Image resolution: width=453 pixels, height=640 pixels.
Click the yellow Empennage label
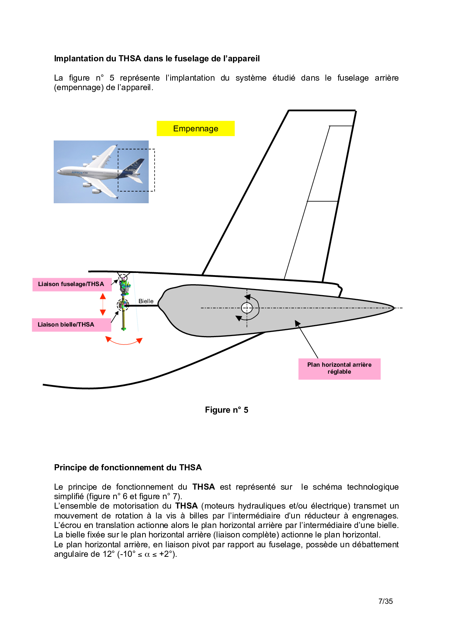tap(195, 128)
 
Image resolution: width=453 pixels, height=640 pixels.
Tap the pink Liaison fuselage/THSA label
tap(71, 284)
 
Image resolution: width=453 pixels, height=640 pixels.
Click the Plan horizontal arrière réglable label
tap(339, 368)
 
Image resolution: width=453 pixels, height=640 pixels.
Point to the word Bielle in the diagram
tap(146, 301)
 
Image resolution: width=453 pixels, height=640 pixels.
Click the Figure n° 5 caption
tap(226, 410)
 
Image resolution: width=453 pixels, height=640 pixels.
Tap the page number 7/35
tap(385, 601)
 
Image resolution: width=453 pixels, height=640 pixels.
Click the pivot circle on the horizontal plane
tap(247, 308)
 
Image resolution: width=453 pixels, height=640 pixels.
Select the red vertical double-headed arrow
tap(103, 304)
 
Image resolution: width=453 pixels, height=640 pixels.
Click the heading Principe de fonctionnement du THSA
tap(128, 467)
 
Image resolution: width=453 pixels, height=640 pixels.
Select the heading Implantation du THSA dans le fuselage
tap(157, 58)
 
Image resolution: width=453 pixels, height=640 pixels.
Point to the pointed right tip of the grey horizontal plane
tap(393, 308)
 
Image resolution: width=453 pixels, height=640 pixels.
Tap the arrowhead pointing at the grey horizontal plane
tap(297, 323)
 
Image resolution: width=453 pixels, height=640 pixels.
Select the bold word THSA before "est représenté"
tap(203, 487)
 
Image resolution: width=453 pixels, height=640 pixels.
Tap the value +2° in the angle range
tap(167, 554)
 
